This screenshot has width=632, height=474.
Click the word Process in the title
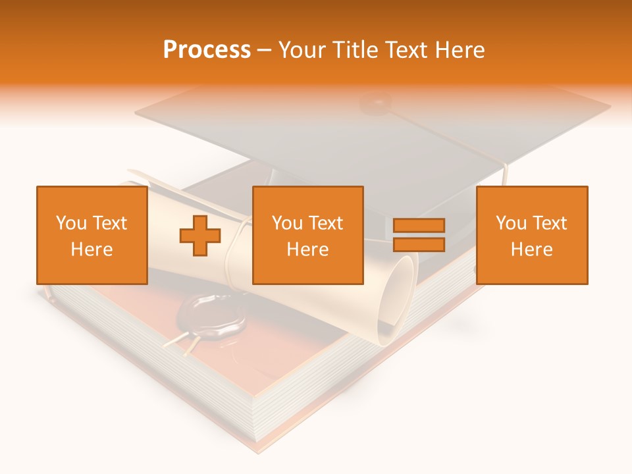[x=207, y=50]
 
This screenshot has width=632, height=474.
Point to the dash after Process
[x=265, y=51]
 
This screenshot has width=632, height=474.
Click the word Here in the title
[x=459, y=50]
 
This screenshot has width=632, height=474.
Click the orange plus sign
[x=200, y=235]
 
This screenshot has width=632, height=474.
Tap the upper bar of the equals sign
[x=419, y=225]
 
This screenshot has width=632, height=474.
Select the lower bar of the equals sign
[x=419, y=245]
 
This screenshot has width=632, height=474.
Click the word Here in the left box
[x=92, y=249]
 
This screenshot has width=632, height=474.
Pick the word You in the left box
[x=71, y=223]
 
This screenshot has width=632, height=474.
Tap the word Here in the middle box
[x=307, y=249]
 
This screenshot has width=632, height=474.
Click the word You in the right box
[x=511, y=223]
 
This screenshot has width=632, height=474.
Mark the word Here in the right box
[x=531, y=249]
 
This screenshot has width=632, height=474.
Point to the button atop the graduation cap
[x=377, y=102]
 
